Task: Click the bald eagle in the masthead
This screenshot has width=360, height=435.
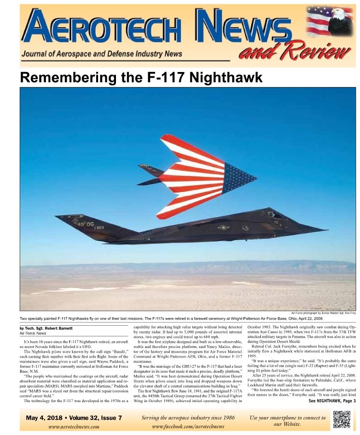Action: coord(340,21)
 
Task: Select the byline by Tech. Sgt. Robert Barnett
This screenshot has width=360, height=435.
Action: coord(46,328)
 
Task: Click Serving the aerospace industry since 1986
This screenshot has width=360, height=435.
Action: coord(188,418)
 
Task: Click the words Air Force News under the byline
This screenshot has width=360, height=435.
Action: coord(33,333)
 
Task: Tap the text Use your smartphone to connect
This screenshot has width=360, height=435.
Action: coord(288,418)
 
